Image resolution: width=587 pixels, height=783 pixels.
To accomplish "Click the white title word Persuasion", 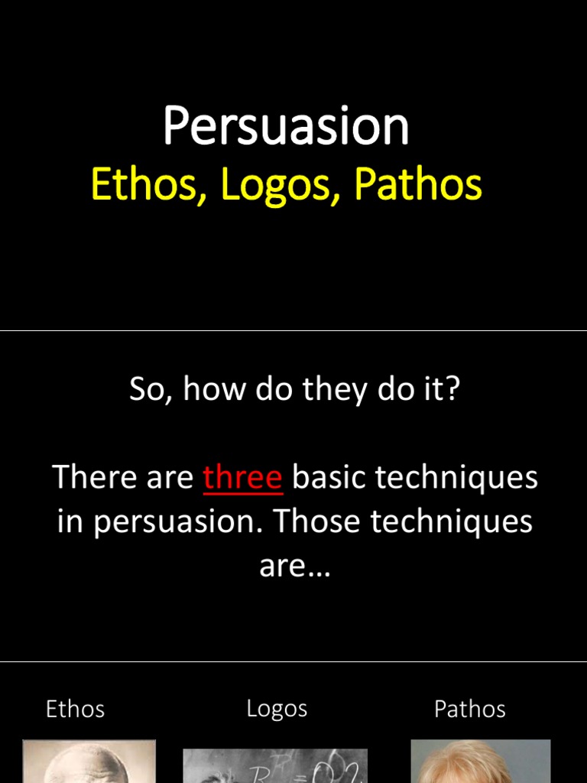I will pyautogui.click(x=286, y=126).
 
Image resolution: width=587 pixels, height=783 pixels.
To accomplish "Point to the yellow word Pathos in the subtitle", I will pyautogui.click(x=417, y=185).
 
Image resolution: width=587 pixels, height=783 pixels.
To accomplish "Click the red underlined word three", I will pyautogui.click(x=243, y=478).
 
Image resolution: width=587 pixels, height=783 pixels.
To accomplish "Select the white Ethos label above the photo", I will pyautogui.click(x=75, y=709).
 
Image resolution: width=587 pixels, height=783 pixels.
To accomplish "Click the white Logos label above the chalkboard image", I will pyautogui.click(x=277, y=709).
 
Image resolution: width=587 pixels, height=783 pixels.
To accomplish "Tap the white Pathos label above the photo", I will pyautogui.click(x=470, y=709).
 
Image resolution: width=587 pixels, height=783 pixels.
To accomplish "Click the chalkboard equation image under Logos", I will pyautogui.click(x=275, y=765).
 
